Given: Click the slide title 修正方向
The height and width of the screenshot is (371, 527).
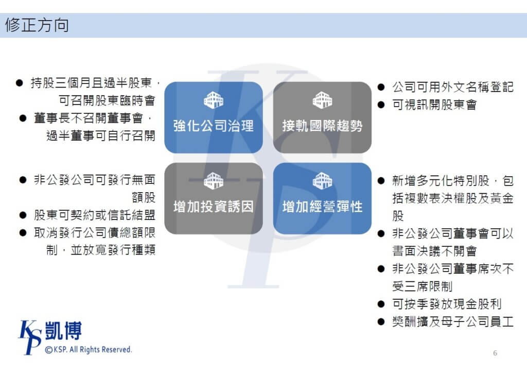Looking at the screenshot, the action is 37,25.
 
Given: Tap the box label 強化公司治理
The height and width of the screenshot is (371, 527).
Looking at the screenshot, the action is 214,126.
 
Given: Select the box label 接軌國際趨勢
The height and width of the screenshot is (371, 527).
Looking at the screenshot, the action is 322,126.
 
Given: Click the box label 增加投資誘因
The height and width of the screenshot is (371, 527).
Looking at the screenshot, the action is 214,207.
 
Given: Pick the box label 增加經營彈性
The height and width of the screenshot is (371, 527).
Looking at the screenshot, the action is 322,207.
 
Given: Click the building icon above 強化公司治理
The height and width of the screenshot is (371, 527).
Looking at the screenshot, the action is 214,100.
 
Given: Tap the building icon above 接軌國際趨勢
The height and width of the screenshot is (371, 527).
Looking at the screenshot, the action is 322,100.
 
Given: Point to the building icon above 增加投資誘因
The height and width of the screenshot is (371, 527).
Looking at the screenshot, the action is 214,180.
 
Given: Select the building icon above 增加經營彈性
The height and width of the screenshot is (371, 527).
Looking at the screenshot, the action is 322,180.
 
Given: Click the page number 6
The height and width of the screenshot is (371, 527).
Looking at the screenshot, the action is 495,353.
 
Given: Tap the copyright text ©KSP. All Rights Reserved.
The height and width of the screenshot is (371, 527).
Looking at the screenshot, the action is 89,349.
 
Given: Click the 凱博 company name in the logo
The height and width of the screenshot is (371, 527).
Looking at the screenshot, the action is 63,331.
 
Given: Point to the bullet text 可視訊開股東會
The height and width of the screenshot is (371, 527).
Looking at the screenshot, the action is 434,105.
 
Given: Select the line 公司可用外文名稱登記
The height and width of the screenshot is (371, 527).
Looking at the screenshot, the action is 453,87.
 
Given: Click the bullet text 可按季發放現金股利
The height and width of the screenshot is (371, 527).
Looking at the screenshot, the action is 447,304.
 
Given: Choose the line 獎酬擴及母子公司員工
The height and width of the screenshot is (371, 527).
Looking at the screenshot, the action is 453,322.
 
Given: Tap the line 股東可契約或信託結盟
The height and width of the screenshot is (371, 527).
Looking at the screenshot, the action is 95,215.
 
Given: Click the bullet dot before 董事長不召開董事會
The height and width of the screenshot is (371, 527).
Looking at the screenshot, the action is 23,118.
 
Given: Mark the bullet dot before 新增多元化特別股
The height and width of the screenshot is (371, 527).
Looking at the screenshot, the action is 381,181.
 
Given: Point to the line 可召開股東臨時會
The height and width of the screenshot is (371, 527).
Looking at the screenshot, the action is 107,100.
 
